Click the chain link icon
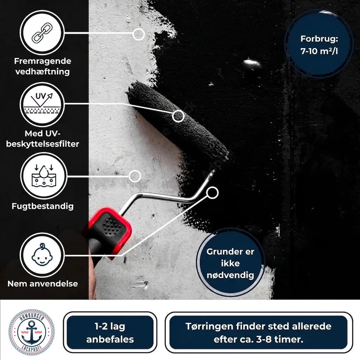coord(42,33)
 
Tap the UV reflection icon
coord(42,103)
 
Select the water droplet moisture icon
coord(44,175)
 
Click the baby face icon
coord(42,255)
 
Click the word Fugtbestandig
coord(43,206)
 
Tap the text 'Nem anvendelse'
coord(43,284)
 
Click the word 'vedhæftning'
coord(43,72)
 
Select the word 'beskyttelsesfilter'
coord(43,144)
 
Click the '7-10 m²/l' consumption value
coord(319,51)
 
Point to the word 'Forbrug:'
coord(319,39)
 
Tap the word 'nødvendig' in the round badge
coord(230,275)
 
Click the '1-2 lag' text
coord(110,326)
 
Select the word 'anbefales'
coord(110,339)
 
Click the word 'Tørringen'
coord(209,327)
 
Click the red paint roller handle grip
coord(108,232)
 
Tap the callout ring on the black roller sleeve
coord(178,116)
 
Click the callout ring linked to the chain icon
coord(139,34)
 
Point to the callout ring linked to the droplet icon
coord(135,176)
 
